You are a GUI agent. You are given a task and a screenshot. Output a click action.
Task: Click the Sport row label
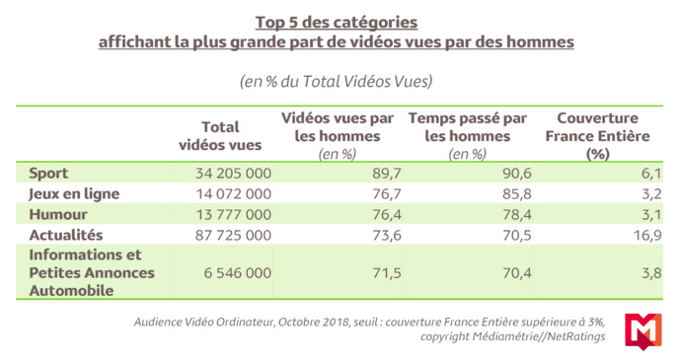(x=49, y=174)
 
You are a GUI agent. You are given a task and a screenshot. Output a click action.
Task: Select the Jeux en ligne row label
(x=73, y=193)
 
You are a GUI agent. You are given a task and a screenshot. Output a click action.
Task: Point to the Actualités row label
(x=66, y=235)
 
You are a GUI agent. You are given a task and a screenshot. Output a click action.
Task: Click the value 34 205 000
(x=224, y=174)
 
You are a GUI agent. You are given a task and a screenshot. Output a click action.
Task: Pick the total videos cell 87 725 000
(x=224, y=235)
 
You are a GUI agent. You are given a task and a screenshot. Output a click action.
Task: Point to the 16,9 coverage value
(x=647, y=235)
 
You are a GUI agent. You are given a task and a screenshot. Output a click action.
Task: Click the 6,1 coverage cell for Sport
(x=650, y=174)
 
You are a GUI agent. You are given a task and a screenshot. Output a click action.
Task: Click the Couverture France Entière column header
(x=595, y=135)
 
